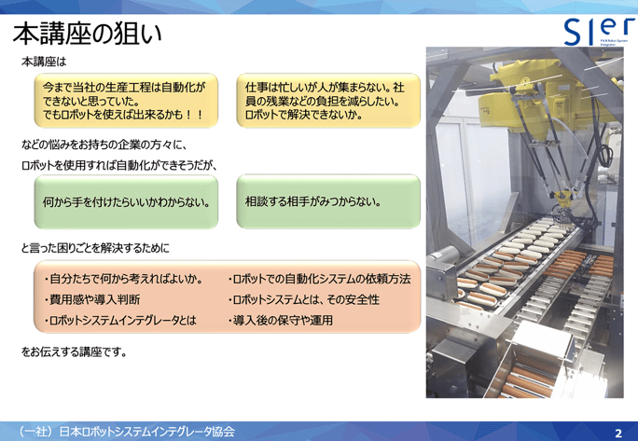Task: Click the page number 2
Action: pos(617,433)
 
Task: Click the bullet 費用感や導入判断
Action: pos(92,299)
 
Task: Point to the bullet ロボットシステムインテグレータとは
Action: pos(119,320)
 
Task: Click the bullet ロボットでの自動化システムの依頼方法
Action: pos(319,279)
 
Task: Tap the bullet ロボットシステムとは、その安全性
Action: pos(304,299)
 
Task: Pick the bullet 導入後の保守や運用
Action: pos(281,320)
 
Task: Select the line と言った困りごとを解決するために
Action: pos(95,249)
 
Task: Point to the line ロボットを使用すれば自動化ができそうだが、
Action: pos(119,165)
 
